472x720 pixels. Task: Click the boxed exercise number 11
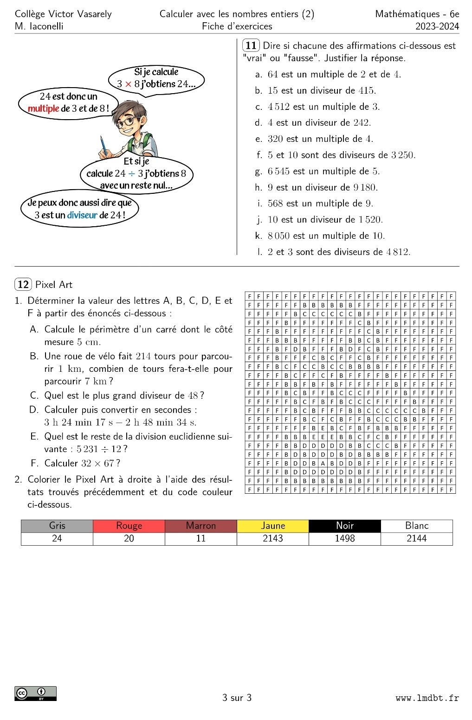pyautogui.click(x=251, y=45)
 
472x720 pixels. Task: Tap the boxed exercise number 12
pyautogui.click(x=23, y=284)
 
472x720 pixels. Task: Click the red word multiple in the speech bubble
pyautogui.click(x=43, y=108)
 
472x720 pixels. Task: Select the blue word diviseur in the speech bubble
pyautogui.click(x=82, y=215)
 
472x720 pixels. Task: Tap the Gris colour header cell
pyautogui.click(x=57, y=526)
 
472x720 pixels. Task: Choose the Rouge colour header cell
pyautogui.click(x=129, y=526)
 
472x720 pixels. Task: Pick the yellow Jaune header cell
pyautogui.click(x=273, y=526)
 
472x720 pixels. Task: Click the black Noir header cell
pyautogui.click(x=345, y=526)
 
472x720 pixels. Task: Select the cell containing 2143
pyautogui.click(x=273, y=538)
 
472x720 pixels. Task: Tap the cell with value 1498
pyautogui.click(x=345, y=538)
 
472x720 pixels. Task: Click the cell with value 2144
pyautogui.click(x=417, y=538)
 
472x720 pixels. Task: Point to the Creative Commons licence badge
pyautogui.click(x=36, y=693)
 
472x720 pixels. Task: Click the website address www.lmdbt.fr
pyautogui.click(x=427, y=698)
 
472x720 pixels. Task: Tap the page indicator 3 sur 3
pyautogui.click(x=237, y=698)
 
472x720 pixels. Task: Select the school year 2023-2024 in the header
pyautogui.click(x=437, y=26)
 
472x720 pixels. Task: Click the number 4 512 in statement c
pyautogui.click(x=278, y=107)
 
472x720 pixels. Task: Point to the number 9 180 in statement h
pyautogui.click(x=365, y=187)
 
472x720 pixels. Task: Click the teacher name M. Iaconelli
pyautogui.click(x=39, y=26)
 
